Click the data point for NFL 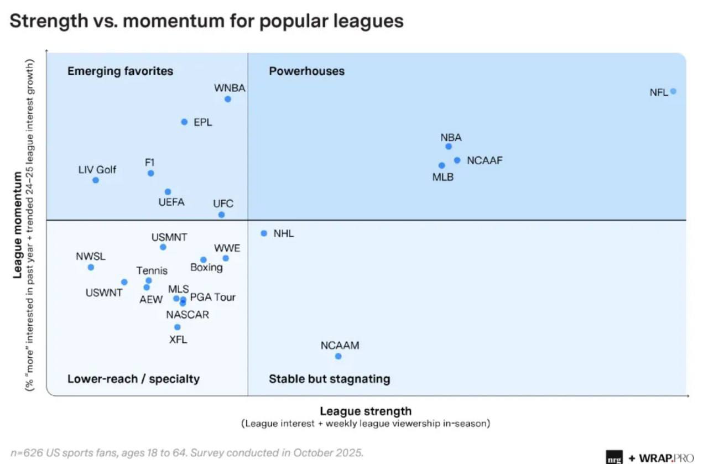pos(673,91)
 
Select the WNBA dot pos(227,99)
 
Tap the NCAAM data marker pos(338,356)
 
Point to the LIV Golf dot pos(96,180)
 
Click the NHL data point pos(264,233)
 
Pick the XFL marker pos(177,327)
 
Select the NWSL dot pos(91,267)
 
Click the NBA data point pos(449,147)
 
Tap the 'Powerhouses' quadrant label pos(306,71)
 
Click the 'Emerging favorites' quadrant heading pos(120,71)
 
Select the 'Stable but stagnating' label pos(329,379)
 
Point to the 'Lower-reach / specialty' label pos(133,379)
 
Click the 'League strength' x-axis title pos(365,411)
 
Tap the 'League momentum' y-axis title pos(18,224)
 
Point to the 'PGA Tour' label pos(213,297)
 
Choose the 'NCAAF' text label pos(485,160)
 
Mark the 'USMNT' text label pos(169,237)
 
